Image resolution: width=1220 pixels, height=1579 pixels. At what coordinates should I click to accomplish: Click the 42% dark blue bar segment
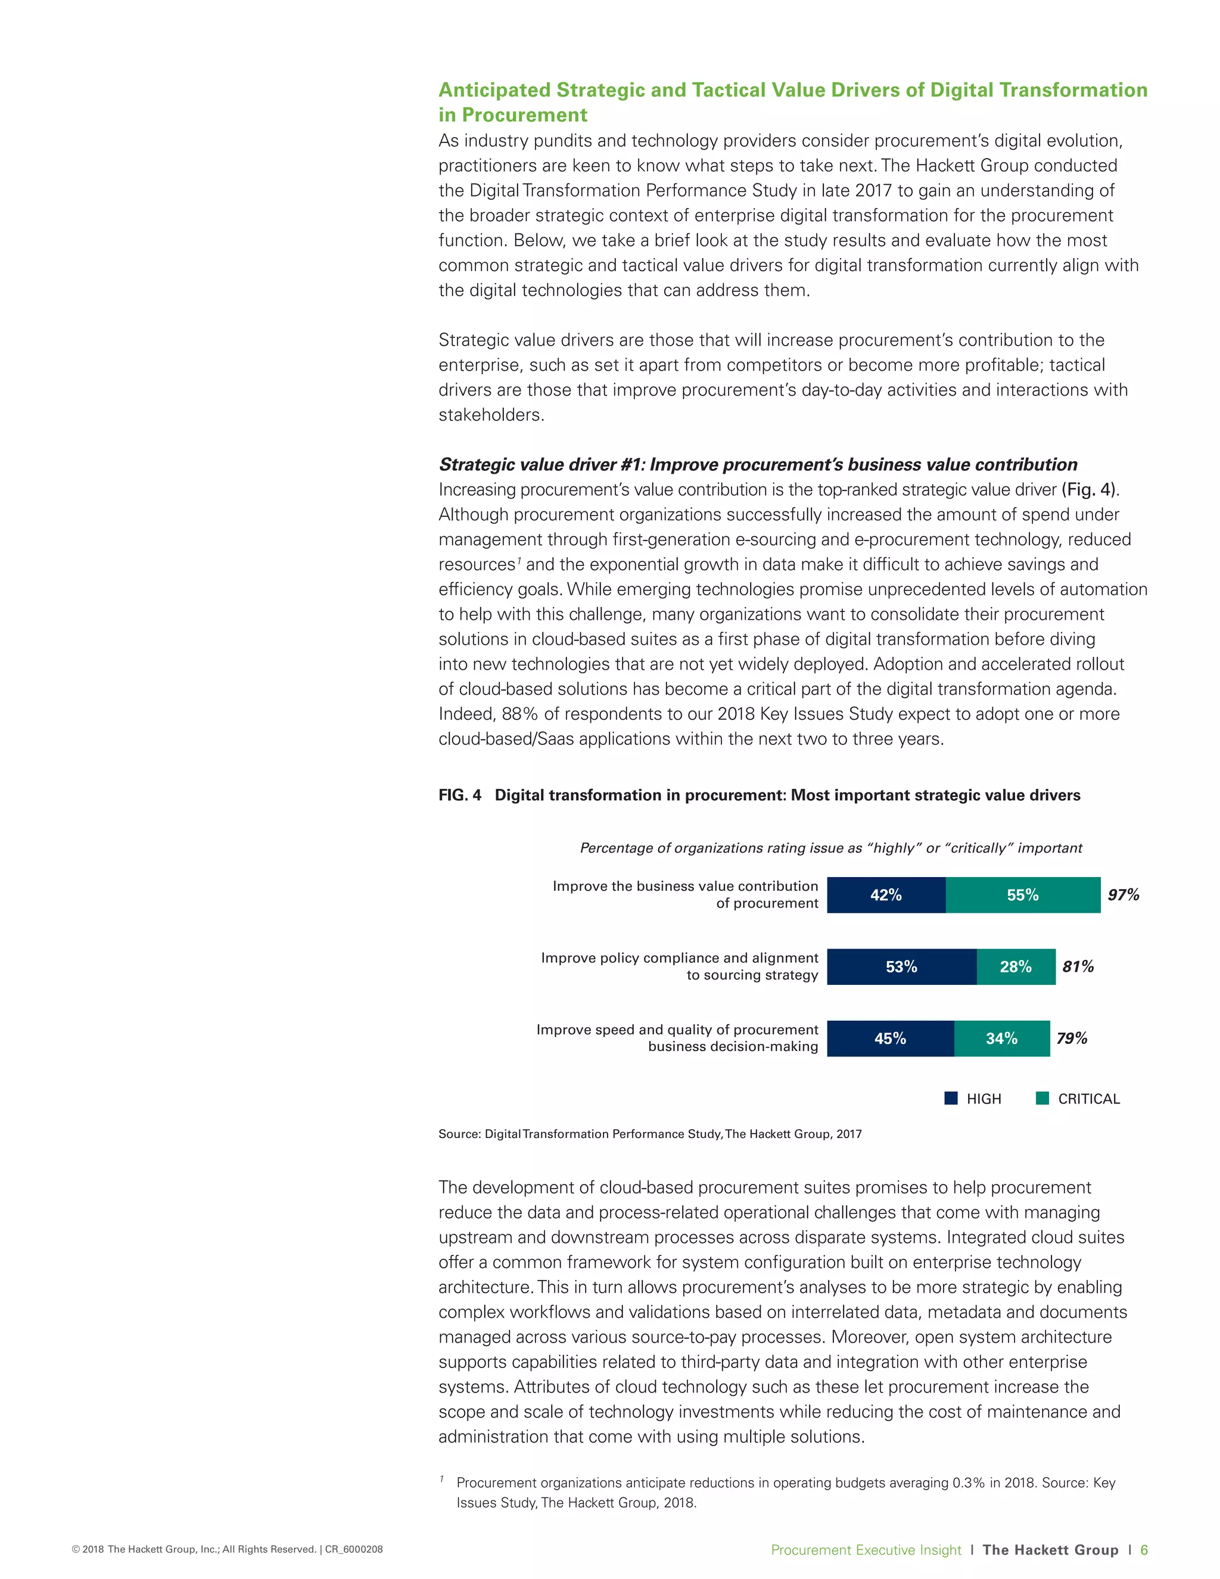click(x=886, y=895)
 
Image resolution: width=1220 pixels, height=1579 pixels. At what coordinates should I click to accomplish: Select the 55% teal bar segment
click(x=1023, y=895)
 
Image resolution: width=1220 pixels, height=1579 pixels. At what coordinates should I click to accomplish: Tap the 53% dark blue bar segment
click(x=901, y=966)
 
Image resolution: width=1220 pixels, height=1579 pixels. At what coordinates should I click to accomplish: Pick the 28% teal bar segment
click(x=1016, y=966)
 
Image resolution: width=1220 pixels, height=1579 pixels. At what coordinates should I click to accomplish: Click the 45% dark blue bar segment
click(x=890, y=1038)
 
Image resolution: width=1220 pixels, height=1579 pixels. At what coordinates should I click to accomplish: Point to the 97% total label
click(x=1123, y=895)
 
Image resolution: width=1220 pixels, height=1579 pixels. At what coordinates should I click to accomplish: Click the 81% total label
click(x=1078, y=966)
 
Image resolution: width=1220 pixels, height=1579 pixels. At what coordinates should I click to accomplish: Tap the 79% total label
click(x=1071, y=1038)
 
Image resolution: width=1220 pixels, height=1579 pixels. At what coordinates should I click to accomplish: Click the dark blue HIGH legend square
click(x=951, y=1098)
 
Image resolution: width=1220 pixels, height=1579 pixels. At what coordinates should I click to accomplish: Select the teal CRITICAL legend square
click(x=1042, y=1098)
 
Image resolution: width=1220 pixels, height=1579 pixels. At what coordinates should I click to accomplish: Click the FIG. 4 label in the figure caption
click(x=460, y=795)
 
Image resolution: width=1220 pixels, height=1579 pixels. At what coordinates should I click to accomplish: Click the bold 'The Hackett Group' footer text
click(x=1050, y=1549)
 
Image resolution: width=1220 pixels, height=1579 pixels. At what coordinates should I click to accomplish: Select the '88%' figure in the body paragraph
click(x=521, y=714)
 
